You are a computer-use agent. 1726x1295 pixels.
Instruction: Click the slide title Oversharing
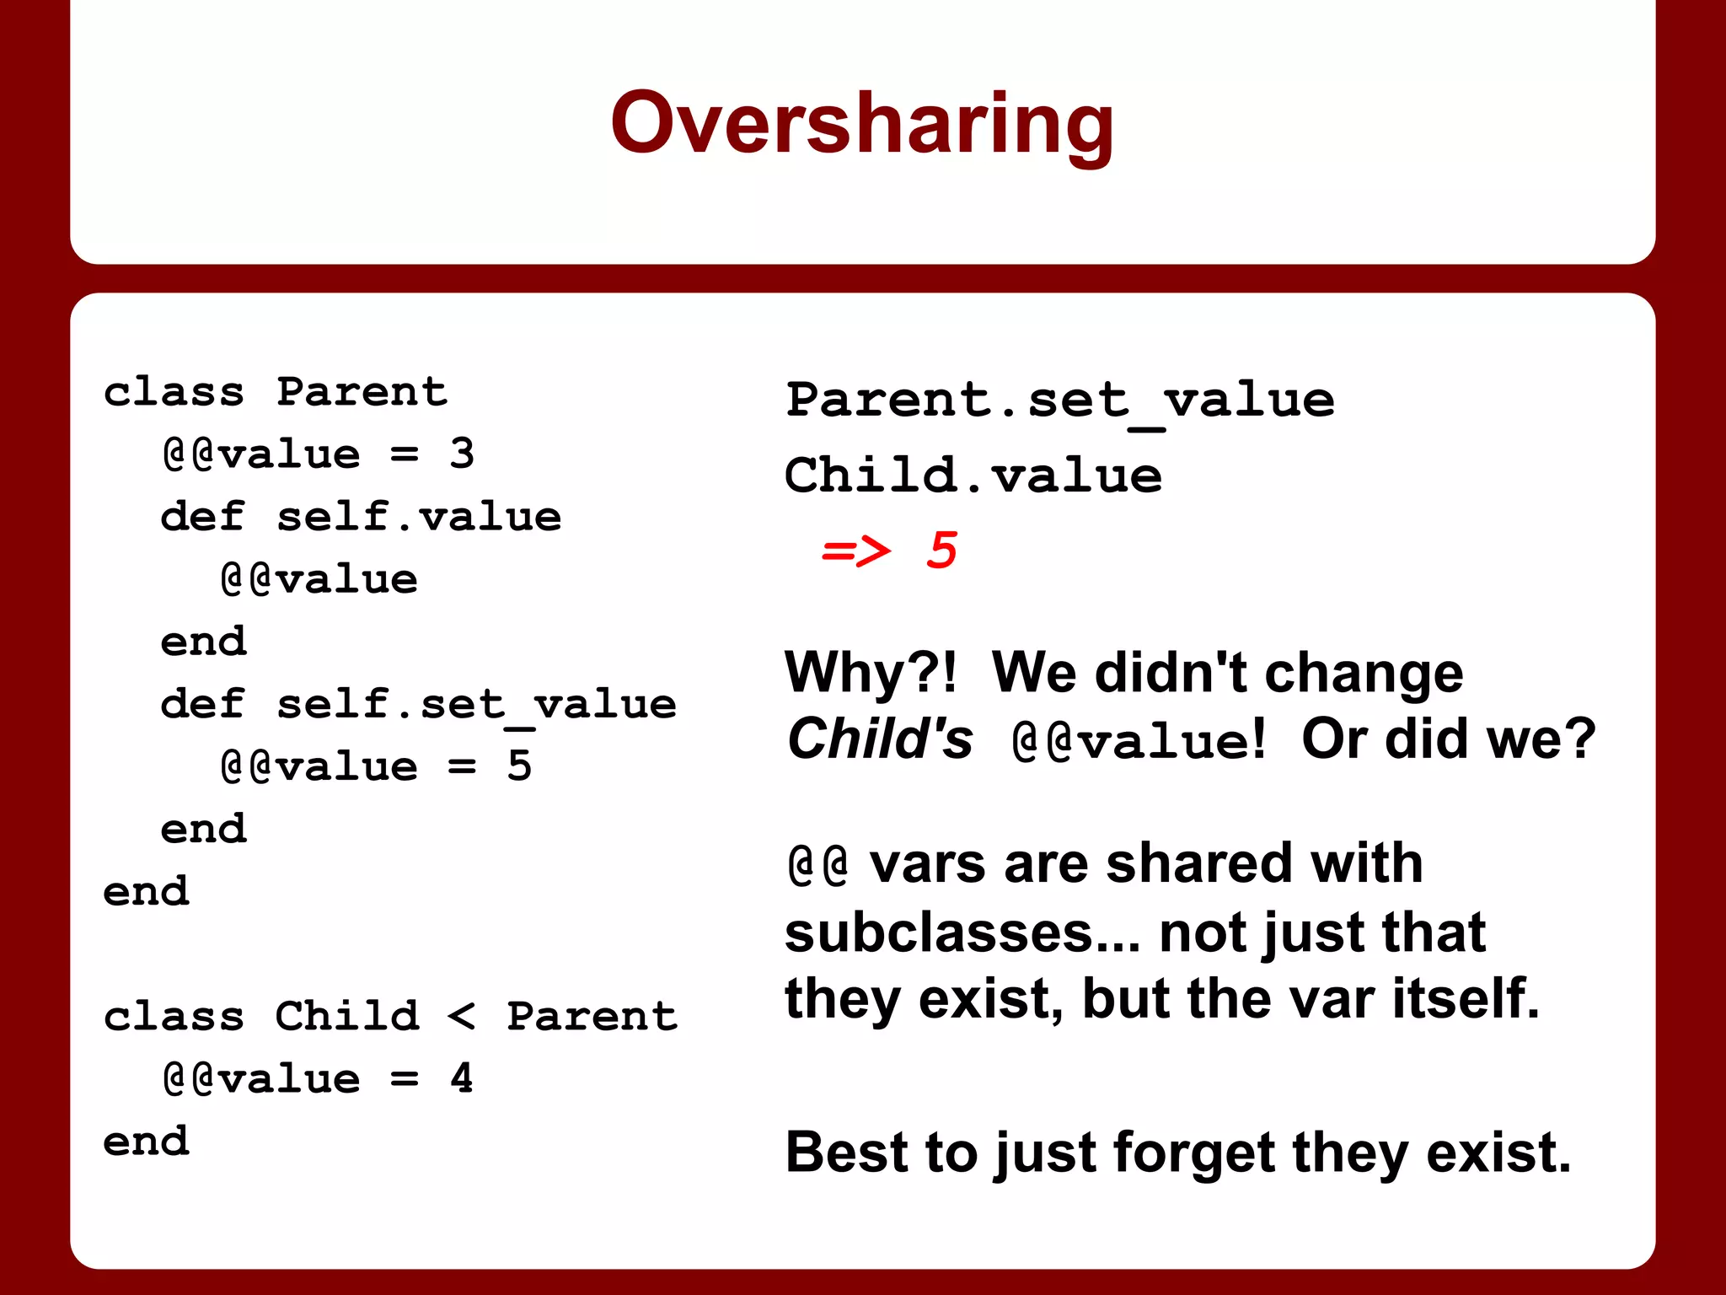coord(862,124)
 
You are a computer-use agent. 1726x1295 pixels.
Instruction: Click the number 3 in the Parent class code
coord(462,454)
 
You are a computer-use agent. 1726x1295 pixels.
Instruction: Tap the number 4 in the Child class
coord(461,1078)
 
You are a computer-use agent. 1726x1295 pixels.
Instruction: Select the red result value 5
coord(941,551)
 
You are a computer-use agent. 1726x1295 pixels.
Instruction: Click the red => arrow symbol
coord(855,552)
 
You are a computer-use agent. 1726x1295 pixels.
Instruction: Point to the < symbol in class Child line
coord(461,1016)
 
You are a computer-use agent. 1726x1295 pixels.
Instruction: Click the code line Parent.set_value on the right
coord(1059,400)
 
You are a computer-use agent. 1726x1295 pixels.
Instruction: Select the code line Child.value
coord(973,476)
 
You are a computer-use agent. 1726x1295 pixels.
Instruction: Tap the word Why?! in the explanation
coord(871,673)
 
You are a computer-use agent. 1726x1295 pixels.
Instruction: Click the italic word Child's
coord(879,739)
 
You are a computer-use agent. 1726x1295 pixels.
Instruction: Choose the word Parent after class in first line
coord(362,392)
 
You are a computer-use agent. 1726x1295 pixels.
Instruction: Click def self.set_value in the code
coord(418,704)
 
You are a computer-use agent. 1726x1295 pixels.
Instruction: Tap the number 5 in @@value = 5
coord(519,766)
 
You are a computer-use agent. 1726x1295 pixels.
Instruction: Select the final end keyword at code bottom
coord(146,1142)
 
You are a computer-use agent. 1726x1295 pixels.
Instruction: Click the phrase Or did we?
coord(1448,739)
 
